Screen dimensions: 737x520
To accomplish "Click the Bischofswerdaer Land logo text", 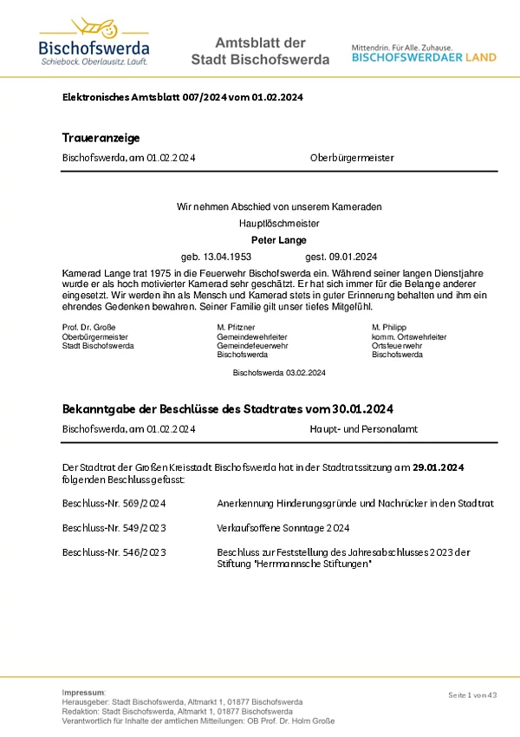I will point(424,57).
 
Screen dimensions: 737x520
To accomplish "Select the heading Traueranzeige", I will point(101,138).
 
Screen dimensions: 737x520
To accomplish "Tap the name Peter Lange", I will point(278,239).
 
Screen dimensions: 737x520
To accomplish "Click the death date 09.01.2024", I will point(354,257).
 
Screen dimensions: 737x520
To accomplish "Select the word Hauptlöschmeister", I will point(278,223).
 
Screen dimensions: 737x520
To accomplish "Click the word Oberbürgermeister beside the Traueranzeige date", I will point(352,159).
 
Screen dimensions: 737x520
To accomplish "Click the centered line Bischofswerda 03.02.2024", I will point(279,372).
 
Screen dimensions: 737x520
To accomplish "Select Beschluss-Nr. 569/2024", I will point(114,503).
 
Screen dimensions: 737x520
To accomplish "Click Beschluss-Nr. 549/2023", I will point(114,527).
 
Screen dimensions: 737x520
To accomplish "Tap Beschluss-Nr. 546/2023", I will point(114,552).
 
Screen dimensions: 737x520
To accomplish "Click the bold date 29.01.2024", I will point(438,467).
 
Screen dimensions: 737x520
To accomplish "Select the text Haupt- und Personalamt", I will point(358,428).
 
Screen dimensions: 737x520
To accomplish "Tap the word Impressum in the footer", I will point(83,692).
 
